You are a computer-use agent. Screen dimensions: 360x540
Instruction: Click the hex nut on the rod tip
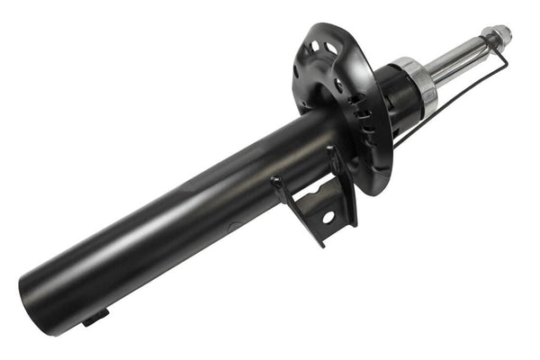click(x=496, y=36)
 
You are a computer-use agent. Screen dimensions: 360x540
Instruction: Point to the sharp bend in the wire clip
click(x=507, y=65)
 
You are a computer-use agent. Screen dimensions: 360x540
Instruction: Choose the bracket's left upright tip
click(x=274, y=181)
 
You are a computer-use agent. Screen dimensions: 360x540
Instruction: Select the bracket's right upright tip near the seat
click(x=334, y=152)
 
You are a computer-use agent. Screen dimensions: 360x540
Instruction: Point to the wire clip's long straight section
click(x=450, y=99)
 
